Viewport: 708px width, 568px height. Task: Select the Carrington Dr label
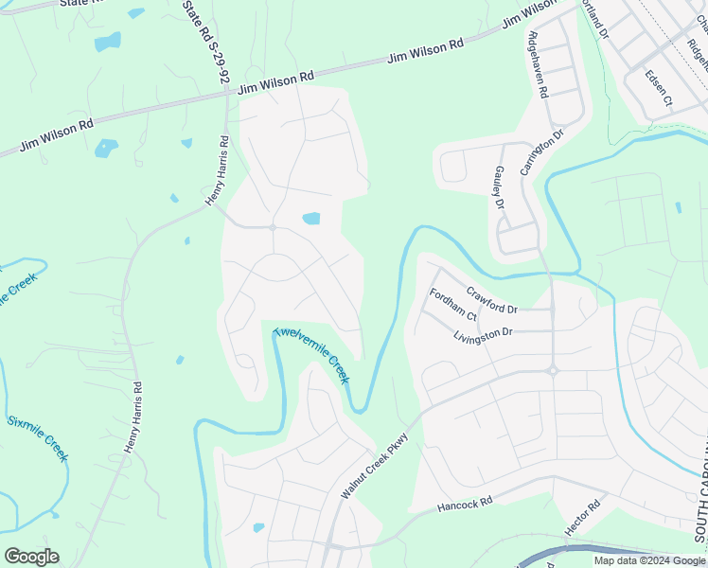pyautogui.click(x=546, y=150)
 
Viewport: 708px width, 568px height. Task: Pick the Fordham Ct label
pyautogui.click(x=452, y=303)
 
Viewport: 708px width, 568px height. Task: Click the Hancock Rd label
pyautogui.click(x=465, y=506)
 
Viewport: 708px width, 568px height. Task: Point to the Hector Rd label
pyautogui.click(x=582, y=520)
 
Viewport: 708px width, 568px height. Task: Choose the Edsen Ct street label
pyautogui.click(x=658, y=87)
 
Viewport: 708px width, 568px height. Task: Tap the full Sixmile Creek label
pyautogui.click(x=38, y=439)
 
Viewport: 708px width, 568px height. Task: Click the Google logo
pyautogui.click(x=31, y=557)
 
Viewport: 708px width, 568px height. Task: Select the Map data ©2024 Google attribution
pyautogui.click(x=649, y=560)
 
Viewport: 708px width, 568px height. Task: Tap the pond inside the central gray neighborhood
pyautogui.click(x=310, y=219)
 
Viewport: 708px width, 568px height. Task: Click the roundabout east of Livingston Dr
pyautogui.click(x=554, y=370)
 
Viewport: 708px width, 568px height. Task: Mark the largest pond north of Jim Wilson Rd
pyautogui.click(x=108, y=42)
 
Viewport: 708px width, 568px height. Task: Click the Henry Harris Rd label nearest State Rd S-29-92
pyautogui.click(x=218, y=171)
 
